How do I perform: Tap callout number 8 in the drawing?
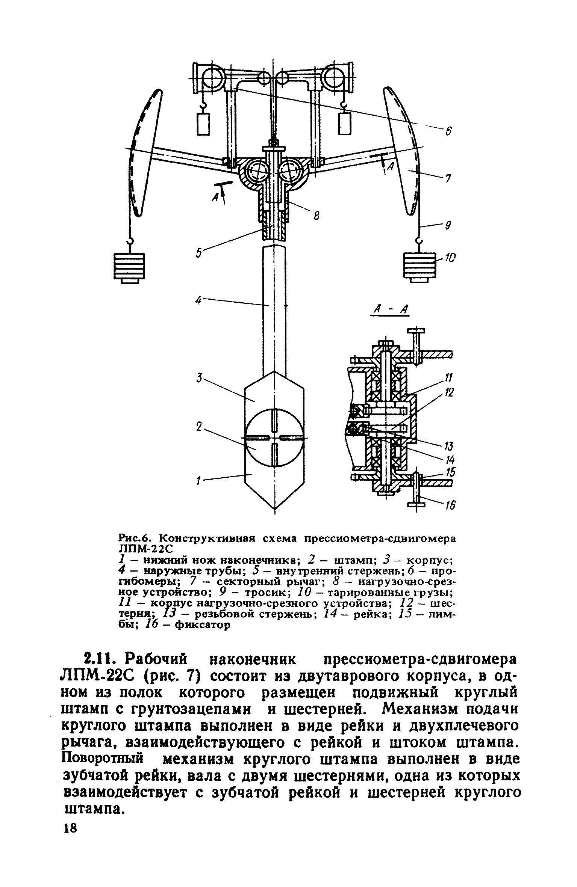click(x=317, y=216)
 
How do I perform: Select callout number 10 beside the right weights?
click(x=450, y=258)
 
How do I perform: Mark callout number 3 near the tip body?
click(x=199, y=378)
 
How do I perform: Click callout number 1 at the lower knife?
click(x=199, y=480)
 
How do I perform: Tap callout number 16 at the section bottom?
click(x=450, y=506)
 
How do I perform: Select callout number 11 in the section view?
click(x=449, y=377)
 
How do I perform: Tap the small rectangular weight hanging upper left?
click(x=203, y=124)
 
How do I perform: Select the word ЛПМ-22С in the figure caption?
click(x=144, y=549)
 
